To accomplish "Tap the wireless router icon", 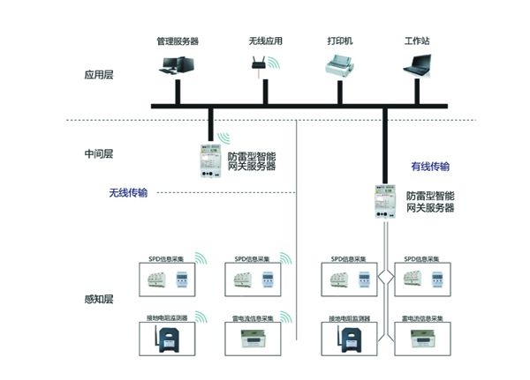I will (260, 63).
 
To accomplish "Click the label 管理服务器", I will (177, 41).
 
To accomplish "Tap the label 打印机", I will (341, 41).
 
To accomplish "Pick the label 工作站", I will (417, 41).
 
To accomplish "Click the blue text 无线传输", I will (128, 192).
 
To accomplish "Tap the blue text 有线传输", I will (430, 166).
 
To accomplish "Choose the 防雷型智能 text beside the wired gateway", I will (430, 195).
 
